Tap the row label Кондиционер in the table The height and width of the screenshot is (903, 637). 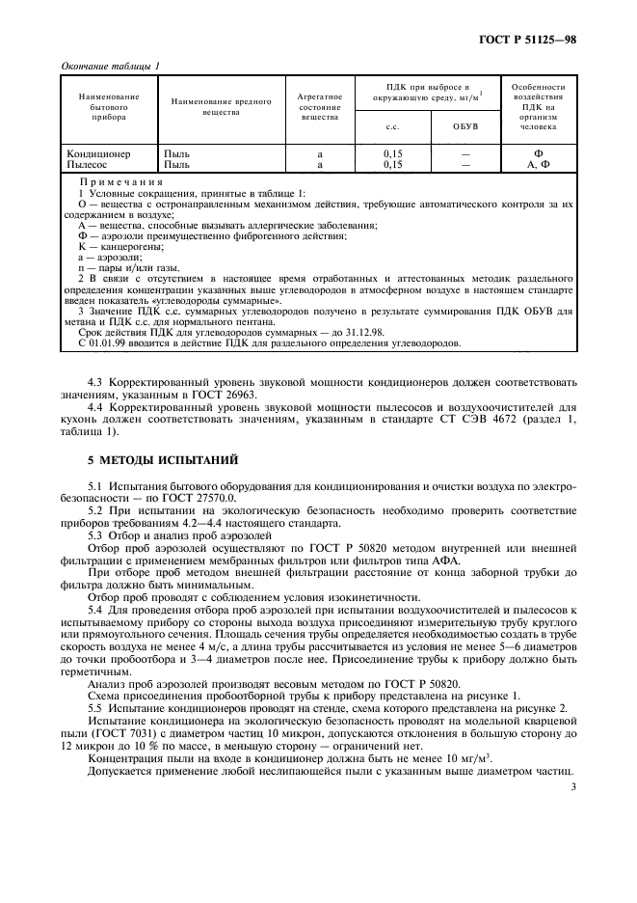tap(97, 153)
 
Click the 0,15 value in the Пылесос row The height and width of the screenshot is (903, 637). tap(392, 164)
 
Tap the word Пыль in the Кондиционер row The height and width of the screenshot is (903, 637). tap(177, 153)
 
